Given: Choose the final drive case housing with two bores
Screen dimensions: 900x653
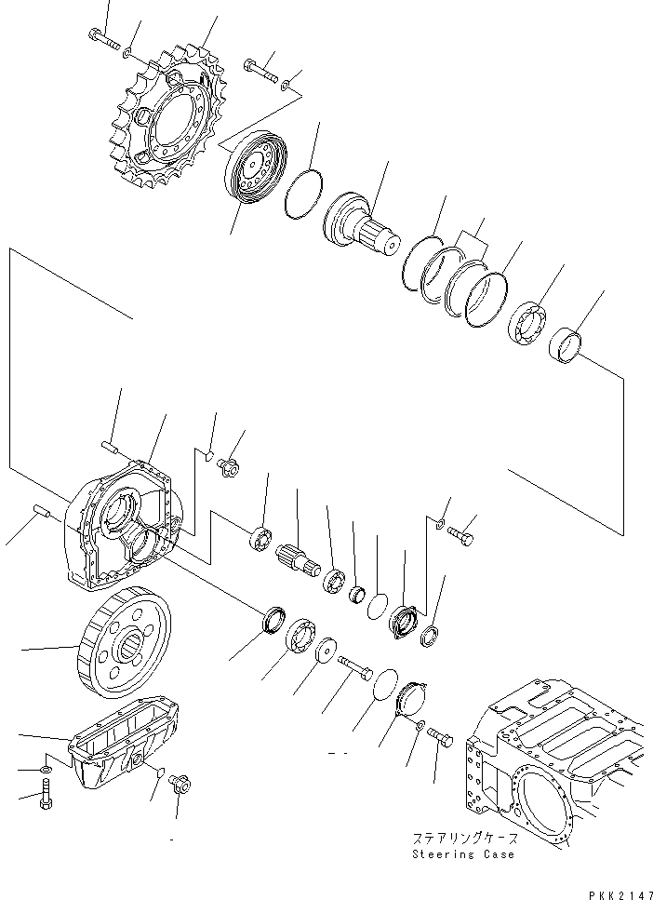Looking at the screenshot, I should (x=121, y=526).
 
